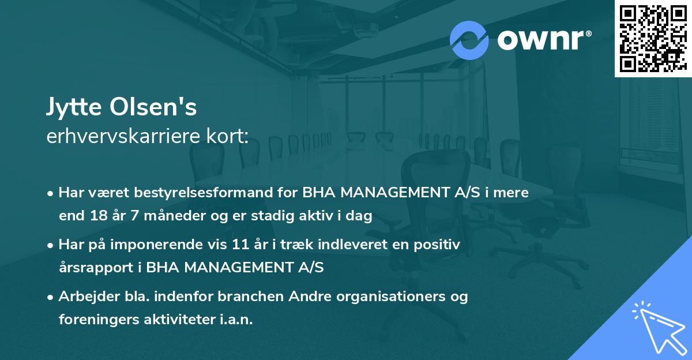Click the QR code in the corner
click(x=652, y=38)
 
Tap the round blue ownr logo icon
click(x=469, y=40)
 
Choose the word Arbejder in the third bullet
click(x=84, y=297)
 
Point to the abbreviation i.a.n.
click(x=236, y=320)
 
